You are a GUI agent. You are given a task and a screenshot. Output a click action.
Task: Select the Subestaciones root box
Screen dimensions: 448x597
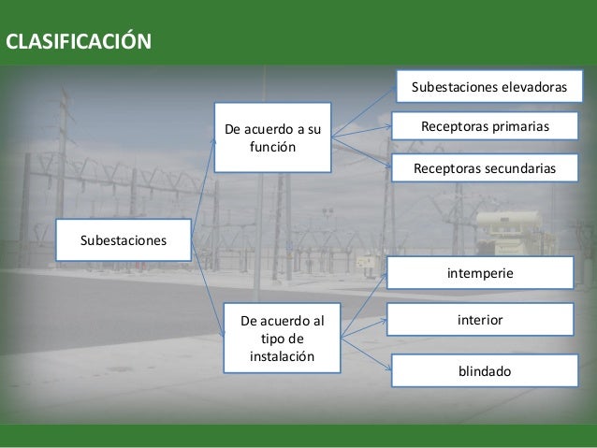[124, 240]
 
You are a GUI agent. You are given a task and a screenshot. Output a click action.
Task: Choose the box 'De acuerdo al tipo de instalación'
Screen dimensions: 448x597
[282, 338]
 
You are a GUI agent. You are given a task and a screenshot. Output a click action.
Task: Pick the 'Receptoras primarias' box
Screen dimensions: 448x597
[485, 126]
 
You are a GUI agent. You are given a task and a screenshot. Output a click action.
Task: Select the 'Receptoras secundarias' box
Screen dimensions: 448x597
[485, 167]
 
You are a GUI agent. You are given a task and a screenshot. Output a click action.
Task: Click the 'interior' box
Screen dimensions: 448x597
[480, 320]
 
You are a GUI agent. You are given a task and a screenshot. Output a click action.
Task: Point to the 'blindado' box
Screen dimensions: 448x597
[484, 371]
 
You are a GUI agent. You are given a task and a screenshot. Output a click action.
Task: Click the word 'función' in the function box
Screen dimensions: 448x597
[272, 148]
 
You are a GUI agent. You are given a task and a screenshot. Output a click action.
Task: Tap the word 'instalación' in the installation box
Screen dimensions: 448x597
[282, 357]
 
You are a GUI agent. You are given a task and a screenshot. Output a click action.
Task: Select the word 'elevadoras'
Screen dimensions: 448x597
[534, 86]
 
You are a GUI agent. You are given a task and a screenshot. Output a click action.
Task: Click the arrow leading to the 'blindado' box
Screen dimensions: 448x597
[365, 355]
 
